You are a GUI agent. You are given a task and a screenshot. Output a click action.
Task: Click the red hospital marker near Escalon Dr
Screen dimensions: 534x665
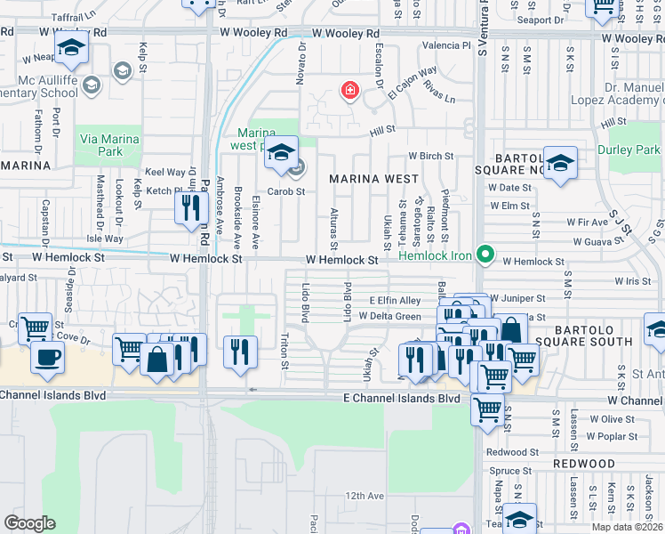pos(350,90)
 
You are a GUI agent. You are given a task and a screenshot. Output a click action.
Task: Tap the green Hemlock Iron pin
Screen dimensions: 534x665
pos(485,255)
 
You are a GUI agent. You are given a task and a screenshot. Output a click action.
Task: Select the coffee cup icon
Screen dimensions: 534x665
pos(47,358)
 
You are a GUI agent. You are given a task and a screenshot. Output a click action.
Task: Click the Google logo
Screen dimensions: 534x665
pos(29,523)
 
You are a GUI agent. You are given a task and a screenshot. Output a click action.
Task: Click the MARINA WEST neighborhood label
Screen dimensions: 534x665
pos(373,179)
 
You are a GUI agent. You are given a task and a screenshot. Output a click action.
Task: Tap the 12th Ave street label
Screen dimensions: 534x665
pos(365,496)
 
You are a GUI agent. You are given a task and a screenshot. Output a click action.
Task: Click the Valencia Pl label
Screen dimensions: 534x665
pos(445,45)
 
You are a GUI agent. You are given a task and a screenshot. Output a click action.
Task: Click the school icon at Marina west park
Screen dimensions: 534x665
pos(282,152)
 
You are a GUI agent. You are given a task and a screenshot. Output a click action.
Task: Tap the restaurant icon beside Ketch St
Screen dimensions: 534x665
pos(189,209)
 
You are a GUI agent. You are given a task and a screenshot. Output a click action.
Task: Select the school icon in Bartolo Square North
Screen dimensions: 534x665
pos(560,164)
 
